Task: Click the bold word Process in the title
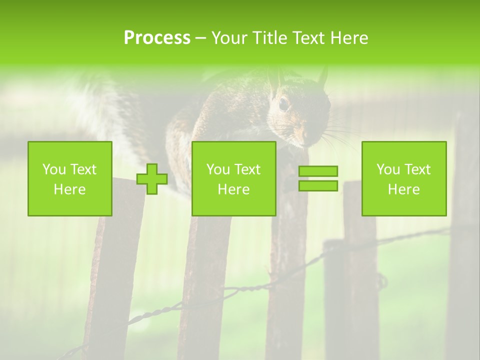157,38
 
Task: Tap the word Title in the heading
268,38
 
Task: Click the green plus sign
152,179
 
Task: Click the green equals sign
318,178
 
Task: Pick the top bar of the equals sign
318,171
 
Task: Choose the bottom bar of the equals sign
318,185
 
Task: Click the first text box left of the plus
70,178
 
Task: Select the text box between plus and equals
233,178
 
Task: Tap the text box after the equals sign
404,178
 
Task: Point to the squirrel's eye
283,103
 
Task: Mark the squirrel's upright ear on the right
322,77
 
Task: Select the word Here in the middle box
233,189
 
